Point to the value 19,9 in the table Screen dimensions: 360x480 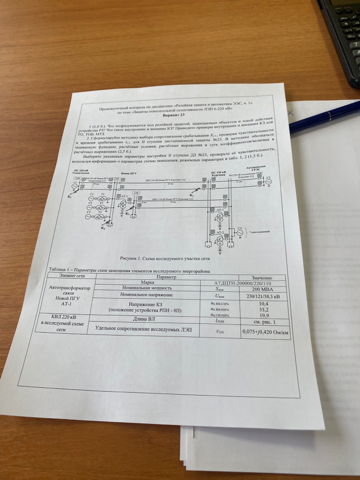263,316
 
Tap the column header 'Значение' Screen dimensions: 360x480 262,277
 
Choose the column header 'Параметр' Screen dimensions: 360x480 162,276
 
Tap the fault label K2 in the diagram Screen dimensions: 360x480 192,195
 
